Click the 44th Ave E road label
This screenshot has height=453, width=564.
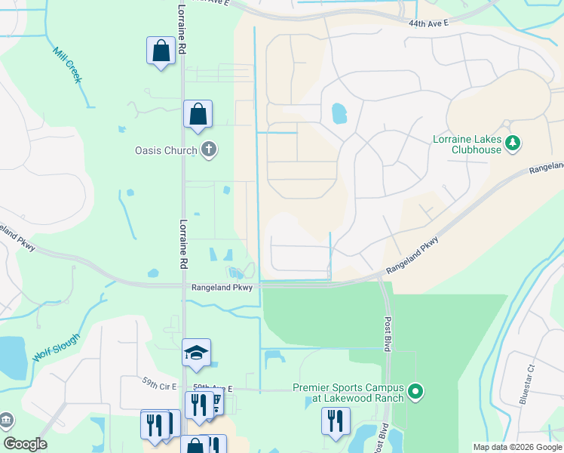429,23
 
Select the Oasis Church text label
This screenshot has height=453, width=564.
165,150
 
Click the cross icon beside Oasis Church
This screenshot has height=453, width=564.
209,150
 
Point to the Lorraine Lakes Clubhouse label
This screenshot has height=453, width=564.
466,144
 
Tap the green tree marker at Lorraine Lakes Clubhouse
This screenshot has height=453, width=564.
513,143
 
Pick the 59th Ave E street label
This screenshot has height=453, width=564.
213,387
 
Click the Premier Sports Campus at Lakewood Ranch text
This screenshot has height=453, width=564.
348,393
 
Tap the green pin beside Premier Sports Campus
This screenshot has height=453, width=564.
415,392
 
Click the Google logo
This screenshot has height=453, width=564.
25,444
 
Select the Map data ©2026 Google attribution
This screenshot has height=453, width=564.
516,447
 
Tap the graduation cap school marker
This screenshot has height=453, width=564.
196,353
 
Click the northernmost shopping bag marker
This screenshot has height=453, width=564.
161,51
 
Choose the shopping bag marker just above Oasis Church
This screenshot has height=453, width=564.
198,115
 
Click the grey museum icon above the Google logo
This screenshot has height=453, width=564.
6,420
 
